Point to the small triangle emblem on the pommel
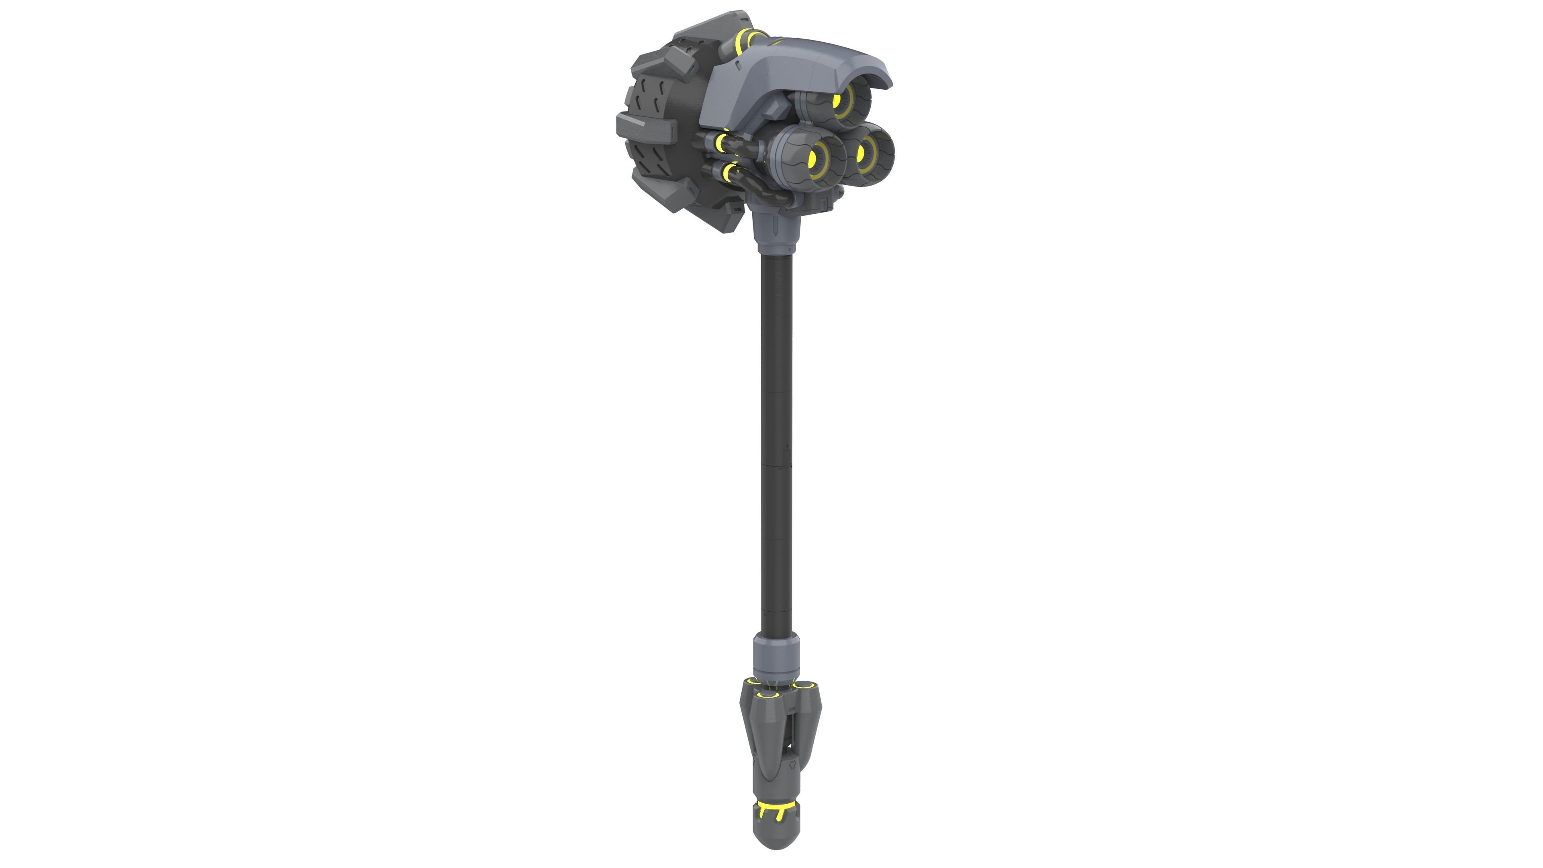coord(792,765)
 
